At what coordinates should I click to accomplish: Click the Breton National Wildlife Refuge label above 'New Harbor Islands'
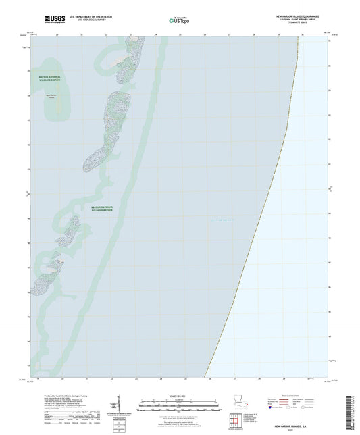(x=49, y=79)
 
